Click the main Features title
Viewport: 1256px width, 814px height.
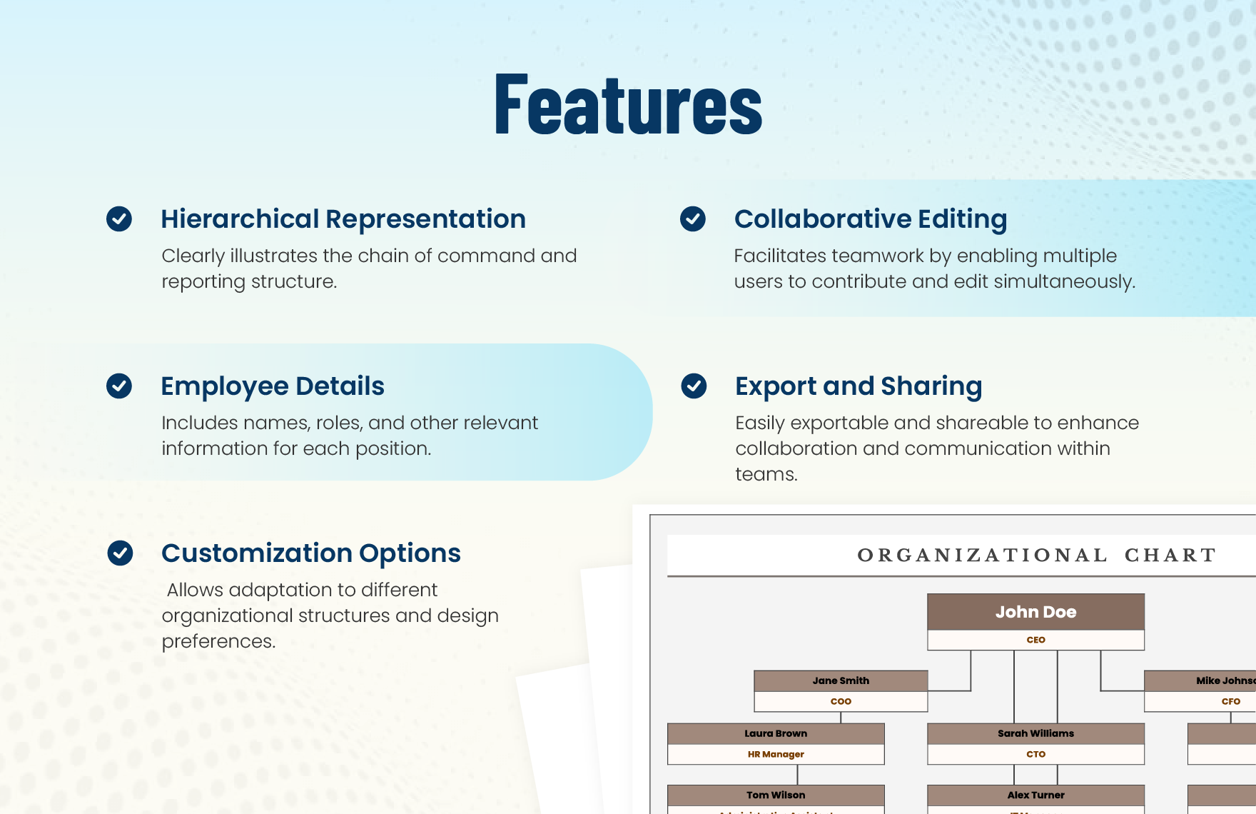(628, 104)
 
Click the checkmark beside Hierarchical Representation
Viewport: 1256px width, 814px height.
(119, 218)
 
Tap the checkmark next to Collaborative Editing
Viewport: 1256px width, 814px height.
(693, 218)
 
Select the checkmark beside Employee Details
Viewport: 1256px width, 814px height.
(119, 386)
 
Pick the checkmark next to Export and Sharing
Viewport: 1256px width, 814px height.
(694, 386)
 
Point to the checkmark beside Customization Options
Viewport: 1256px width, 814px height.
(120, 553)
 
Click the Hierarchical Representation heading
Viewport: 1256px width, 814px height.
(343, 219)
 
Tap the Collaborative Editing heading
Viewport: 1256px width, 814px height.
(871, 219)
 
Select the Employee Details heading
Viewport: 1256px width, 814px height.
(273, 386)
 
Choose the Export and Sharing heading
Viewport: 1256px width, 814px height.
(859, 386)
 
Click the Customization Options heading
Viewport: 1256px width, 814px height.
(311, 553)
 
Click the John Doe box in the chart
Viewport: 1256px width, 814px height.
(1035, 612)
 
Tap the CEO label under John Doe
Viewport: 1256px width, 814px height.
(1035, 640)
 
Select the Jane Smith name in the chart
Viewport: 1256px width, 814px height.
(841, 680)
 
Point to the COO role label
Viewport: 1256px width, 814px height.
(841, 701)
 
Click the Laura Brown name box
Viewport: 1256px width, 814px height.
(776, 733)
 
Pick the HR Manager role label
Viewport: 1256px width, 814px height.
(776, 754)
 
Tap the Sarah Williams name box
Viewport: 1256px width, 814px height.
(1035, 733)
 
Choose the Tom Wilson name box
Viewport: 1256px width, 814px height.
(776, 795)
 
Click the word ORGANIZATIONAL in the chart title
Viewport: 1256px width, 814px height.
(982, 556)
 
